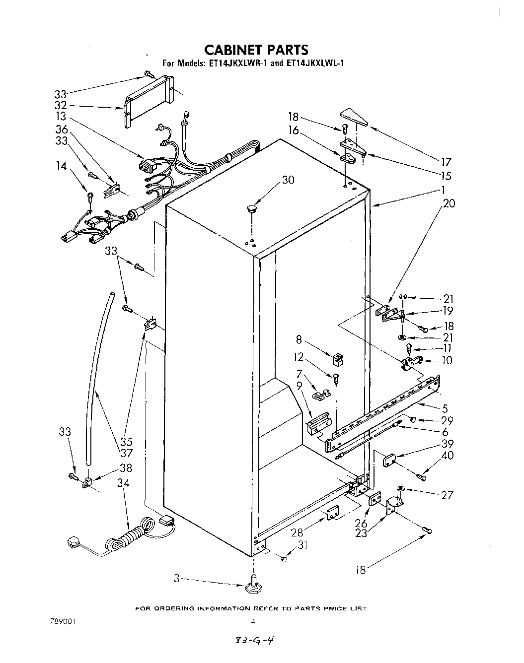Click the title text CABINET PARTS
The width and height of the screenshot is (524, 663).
click(256, 50)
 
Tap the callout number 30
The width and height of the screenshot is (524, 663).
click(288, 180)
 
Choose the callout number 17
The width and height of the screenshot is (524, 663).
click(446, 161)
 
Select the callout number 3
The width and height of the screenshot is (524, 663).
click(176, 578)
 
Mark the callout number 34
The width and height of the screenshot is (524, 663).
click(123, 482)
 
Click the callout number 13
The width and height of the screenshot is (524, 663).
click(61, 117)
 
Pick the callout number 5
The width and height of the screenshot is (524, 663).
click(445, 408)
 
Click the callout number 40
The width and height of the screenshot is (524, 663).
click(447, 455)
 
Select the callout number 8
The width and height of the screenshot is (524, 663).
click(299, 340)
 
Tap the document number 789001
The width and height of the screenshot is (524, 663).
click(62, 621)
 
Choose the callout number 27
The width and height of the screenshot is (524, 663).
click(447, 495)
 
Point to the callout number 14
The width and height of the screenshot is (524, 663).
click(61, 166)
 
